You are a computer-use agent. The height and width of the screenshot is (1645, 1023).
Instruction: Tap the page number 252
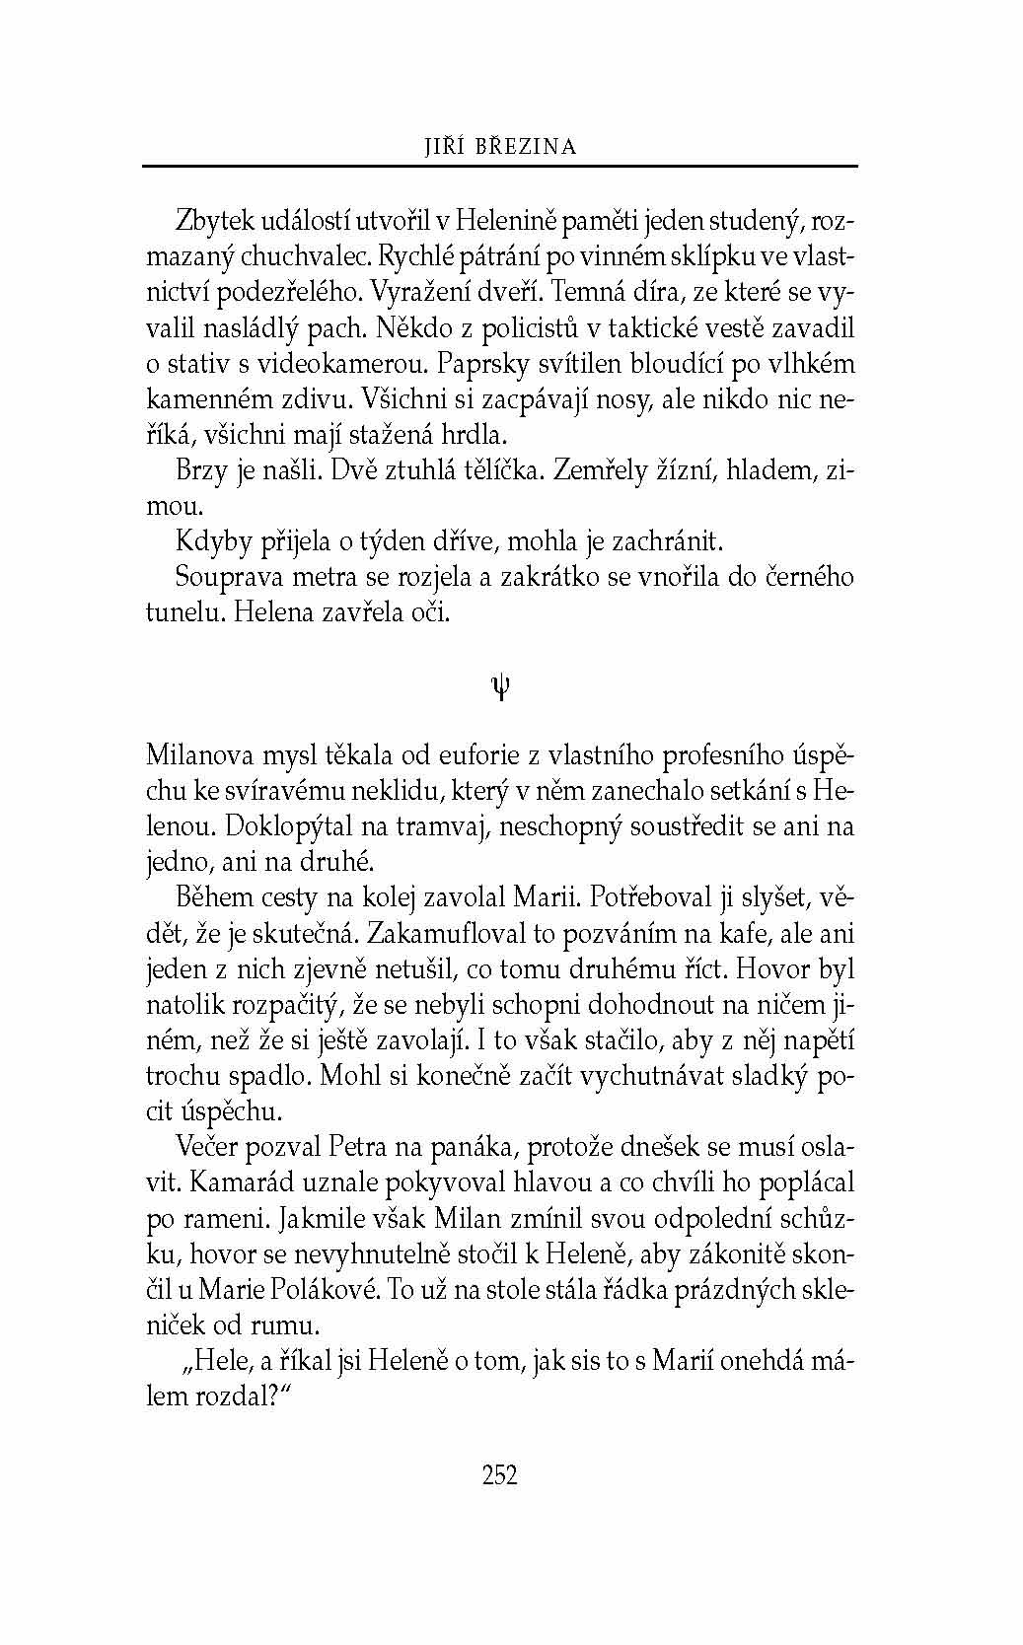500,1474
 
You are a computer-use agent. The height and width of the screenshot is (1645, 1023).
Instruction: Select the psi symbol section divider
500,686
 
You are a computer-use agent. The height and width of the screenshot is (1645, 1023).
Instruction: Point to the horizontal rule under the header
500,166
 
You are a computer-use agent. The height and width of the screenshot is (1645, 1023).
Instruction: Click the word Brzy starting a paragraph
201,470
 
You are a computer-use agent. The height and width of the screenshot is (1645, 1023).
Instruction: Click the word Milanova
199,755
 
